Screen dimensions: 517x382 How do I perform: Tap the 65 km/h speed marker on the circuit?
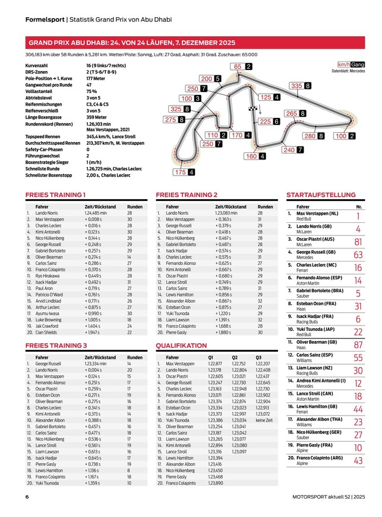242,66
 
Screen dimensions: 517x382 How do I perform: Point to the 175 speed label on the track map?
185,172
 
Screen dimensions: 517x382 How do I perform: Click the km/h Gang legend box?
351,64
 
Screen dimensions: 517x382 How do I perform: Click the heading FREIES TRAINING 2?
186,194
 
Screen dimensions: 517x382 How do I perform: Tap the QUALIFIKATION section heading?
181,345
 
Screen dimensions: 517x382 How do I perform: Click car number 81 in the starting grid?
358,242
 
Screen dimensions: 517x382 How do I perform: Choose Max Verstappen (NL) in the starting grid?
317,213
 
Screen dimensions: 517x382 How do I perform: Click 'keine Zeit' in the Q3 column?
266,420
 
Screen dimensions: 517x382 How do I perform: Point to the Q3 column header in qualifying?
258,358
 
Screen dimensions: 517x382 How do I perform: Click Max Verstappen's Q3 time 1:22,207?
262,363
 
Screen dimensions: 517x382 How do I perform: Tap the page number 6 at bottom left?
27,497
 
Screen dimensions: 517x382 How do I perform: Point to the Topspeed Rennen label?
45,136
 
